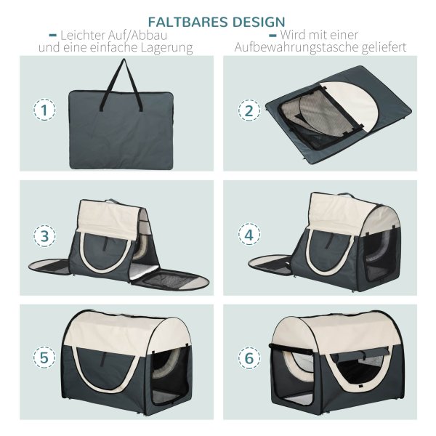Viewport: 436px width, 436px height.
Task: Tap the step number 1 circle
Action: click(x=44, y=110)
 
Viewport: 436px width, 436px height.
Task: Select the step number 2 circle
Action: click(x=249, y=110)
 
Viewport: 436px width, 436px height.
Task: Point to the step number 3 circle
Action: click(x=44, y=236)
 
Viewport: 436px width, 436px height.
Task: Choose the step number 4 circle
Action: click(x=249, y=235)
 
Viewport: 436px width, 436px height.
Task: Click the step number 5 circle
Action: click(x=44, y=358)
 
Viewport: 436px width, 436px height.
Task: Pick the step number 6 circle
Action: click(x=249, y=358)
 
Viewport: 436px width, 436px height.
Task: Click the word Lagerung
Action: click(x=166, y=48)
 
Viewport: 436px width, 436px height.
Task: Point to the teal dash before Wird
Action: click(x=272, y=36)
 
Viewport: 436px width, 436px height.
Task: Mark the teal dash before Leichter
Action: click(x=53, y=36)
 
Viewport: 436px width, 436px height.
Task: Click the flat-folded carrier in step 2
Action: click(x=339, y=115)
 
